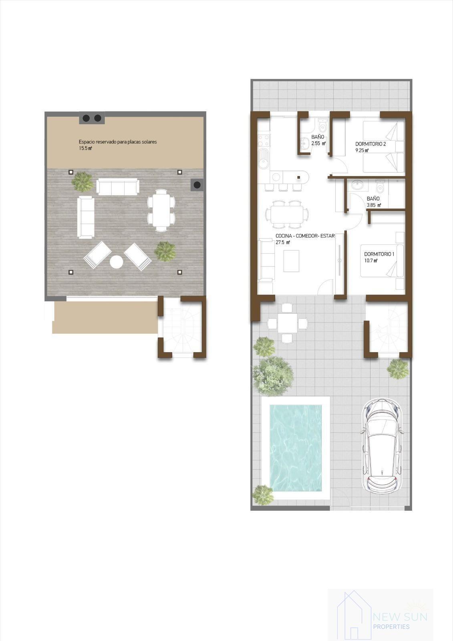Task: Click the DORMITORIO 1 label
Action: click(x=379, y=254)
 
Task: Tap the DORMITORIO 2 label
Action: click(x=370, y=144)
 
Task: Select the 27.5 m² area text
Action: click(x=283, y=242)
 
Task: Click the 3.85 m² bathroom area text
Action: click(x=374, y=205)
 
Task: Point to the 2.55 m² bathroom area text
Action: click(x=318, y=143)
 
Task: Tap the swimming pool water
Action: click(x=295, y=447)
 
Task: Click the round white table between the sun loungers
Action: click(x=117, y=262)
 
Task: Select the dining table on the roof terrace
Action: click(x=161, y=210)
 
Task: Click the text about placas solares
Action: click(x=118, y=142)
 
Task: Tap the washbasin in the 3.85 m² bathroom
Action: click(x=356, y=185)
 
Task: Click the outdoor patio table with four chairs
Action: click(x=287, y=323)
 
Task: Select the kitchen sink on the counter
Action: click(x=264, y=158)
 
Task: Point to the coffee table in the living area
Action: click(x=291, y=261)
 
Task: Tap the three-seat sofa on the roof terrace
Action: click(x=118, y=186)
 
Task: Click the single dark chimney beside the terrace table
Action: click(x=197, y=185)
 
